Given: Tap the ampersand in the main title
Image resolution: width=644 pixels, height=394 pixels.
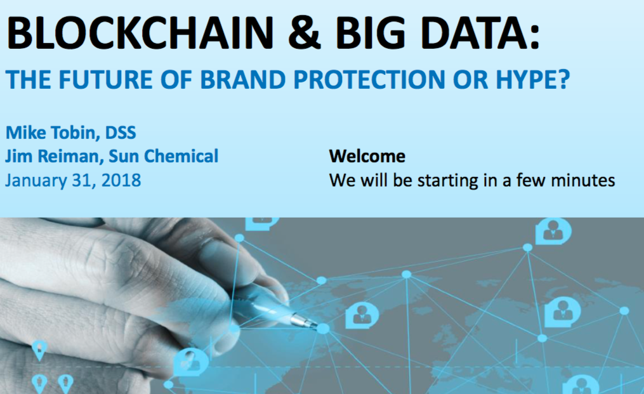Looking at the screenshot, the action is (305, 33).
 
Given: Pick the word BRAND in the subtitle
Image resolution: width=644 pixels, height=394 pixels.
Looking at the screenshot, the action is (243, 79).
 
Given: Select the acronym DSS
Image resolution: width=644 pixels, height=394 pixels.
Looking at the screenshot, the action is (121, 133).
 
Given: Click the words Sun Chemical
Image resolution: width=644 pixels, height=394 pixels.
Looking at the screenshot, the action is (164, 156).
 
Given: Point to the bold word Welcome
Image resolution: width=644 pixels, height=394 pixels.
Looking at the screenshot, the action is (367, 156).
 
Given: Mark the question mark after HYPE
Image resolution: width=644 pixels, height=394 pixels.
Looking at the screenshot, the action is (564, 79).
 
